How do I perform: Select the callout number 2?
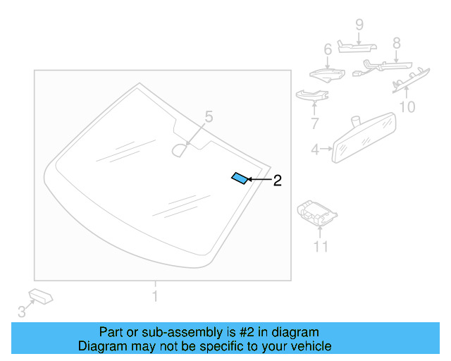coord(277,180)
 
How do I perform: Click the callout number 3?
coord(22,311)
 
